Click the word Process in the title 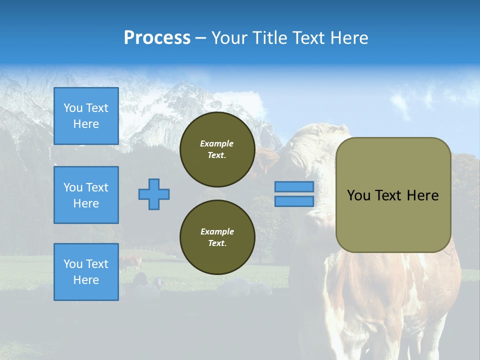pos(157,38)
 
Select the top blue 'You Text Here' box pos(86,116)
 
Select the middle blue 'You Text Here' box pos(86,195)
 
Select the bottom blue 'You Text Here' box pos(86,271)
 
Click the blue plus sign pos(153,194)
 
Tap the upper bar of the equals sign pos(294,186)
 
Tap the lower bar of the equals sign pos(294,201)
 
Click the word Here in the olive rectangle pos(422,195)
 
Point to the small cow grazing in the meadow pos(131,262)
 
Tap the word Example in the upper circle pos(216,143)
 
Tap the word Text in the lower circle pos(216,243)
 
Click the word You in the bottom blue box pos(73,264)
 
